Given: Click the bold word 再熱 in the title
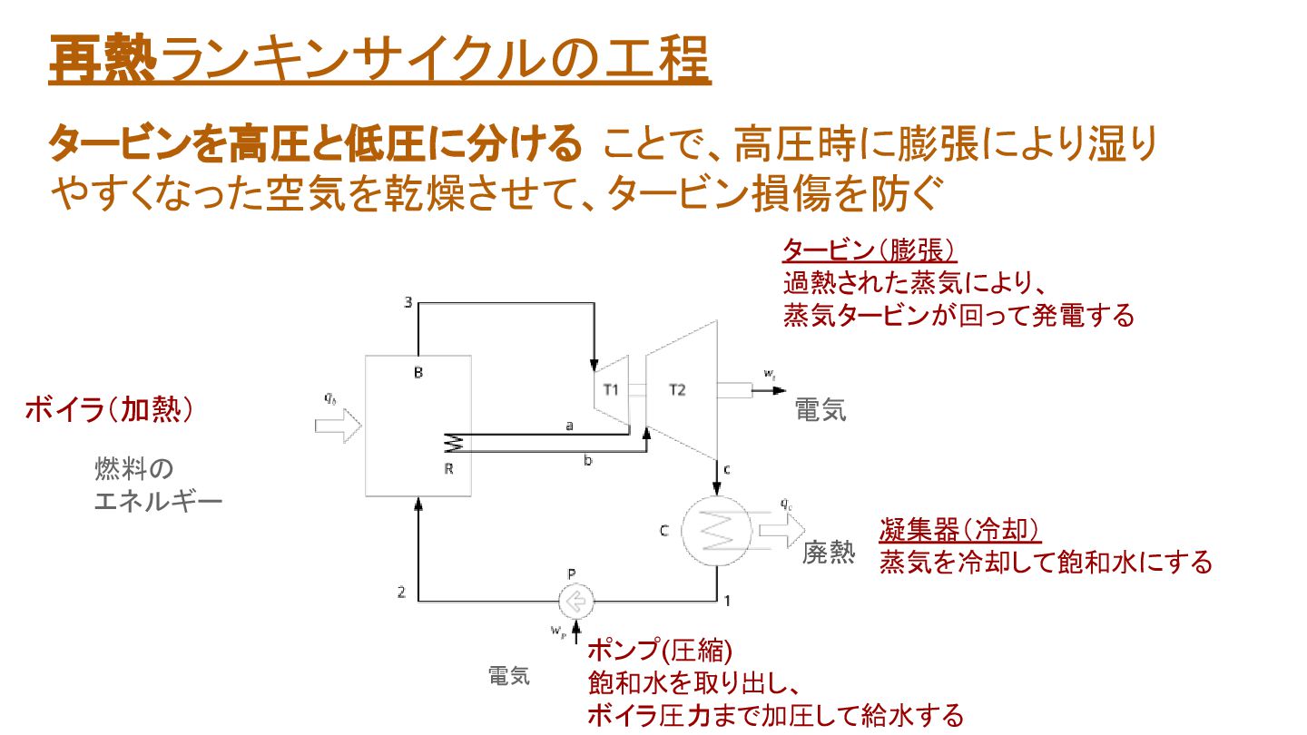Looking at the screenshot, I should point(103,59).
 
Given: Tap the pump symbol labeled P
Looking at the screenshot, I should point(576,600).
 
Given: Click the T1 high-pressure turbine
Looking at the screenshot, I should point(612,390).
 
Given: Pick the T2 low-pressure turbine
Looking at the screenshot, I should point(679,390).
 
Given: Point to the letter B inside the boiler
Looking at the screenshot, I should point(418,372).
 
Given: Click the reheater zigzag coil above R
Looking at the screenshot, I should point(453,442).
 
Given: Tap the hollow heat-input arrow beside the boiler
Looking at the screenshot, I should point(339,425).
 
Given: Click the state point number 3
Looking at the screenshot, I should point(408,303).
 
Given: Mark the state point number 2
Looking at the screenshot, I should point(401,593).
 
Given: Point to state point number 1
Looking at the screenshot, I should point(726,599).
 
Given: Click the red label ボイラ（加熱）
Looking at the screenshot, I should point(109,410).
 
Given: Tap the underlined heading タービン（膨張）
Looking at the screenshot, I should point(870,250).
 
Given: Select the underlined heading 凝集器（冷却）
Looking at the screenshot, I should point(959,530).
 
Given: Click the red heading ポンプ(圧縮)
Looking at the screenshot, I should point(659,650).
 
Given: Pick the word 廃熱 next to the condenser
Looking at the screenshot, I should point(828,553).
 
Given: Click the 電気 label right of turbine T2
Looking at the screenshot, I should point(821,410).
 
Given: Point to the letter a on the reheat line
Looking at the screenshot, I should point(569,426).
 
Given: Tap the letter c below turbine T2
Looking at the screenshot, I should point(727,469).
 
